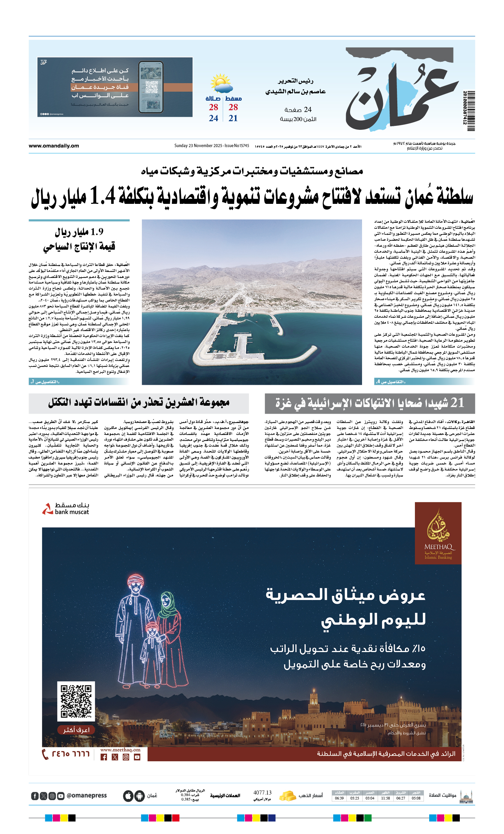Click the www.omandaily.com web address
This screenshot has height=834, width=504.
point(54,146)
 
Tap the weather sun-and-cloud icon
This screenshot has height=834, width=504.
point(221,83)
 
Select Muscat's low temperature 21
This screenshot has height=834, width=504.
point(233,118)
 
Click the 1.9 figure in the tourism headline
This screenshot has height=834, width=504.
point(97,232)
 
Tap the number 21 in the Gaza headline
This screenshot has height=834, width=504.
point(457,403)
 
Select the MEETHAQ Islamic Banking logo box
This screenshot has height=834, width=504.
point(438,533)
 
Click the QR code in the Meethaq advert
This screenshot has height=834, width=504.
point(76,701)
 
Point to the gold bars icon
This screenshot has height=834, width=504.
point(288,796)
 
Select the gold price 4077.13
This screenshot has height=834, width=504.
point(262,792)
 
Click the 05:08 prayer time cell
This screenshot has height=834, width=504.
point(416,798)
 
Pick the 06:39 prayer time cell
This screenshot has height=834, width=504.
point(339,798)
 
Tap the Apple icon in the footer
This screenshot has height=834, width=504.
point(128,796)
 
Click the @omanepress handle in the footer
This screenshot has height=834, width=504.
point(86,795)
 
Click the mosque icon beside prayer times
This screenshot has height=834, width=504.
point(466,796)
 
